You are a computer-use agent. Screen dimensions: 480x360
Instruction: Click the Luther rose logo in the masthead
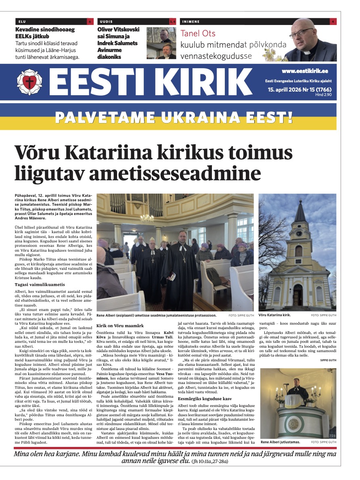[29, 82]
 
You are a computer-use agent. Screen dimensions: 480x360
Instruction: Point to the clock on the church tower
[299, 234]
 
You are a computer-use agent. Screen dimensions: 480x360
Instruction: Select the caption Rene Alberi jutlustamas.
[280, 442]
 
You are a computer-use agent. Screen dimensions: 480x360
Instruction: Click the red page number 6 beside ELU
[90, 21]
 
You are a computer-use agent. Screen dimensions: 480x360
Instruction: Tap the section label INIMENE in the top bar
[190, 21]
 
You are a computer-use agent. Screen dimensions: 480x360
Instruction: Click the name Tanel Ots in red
[198, 33]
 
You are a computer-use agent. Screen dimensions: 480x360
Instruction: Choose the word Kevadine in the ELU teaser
[28, 29]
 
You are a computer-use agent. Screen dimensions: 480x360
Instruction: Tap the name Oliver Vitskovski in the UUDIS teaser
[119, 29]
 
